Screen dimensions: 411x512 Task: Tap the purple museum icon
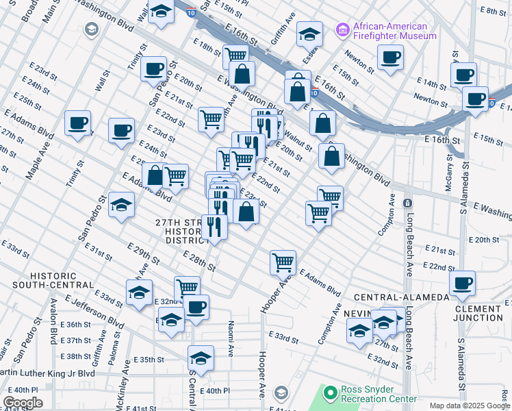tap(342, 30)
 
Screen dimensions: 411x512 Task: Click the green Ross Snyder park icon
tap(331, 393)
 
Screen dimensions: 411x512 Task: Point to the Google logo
tap(23, 403)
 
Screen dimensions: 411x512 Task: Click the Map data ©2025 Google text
tap(470, 406)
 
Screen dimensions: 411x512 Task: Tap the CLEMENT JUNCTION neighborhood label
tap(478, 313)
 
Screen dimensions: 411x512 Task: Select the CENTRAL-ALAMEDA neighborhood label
tap(394, 297)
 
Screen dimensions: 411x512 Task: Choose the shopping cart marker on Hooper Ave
tap(283, 262)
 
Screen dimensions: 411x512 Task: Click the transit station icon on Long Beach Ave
tap(407, 203)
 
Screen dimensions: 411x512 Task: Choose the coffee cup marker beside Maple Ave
tap(77, 124)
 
